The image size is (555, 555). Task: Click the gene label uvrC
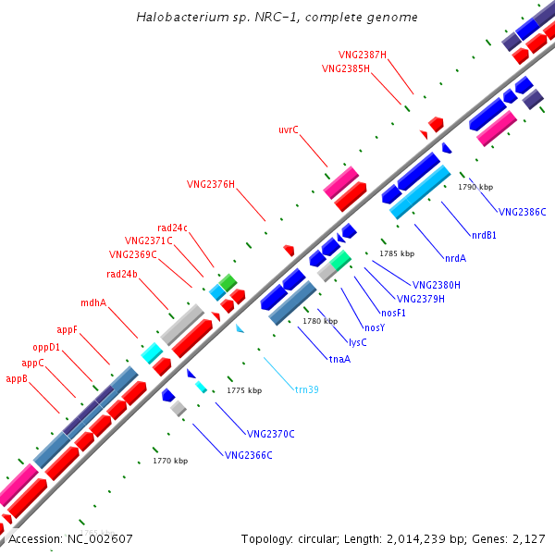pos(289,129)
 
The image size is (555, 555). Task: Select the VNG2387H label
pos(363,55)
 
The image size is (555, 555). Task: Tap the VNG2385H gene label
pos(346,68)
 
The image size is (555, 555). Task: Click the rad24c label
pos(172,228)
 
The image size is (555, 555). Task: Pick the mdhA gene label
pos(93,302)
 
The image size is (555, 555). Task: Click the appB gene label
pos(17,378)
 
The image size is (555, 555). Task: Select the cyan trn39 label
pos(307,389)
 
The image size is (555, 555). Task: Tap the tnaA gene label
pos(339,359)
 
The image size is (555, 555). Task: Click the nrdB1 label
pos(484,235)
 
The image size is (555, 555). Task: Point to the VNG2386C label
pos(523,212)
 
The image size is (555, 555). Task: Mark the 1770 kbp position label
pos(170,461)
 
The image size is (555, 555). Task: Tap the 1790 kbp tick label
pos(475,187)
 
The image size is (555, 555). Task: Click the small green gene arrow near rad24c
pos(228,281)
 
